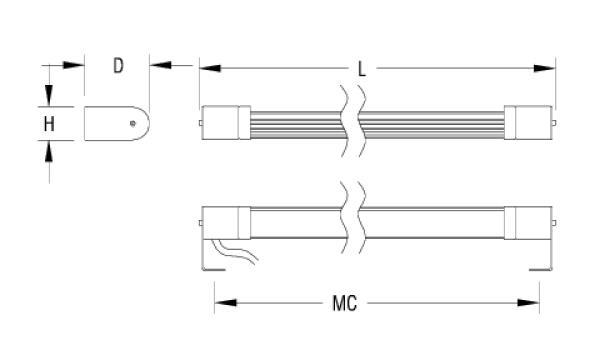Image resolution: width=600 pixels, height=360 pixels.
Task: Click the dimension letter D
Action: click(118, 67)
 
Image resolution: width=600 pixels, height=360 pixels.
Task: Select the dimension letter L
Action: click(362, 69)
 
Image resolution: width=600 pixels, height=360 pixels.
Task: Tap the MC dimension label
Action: click(345, 301)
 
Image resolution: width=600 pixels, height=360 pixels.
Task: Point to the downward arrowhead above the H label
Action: click(48, 99)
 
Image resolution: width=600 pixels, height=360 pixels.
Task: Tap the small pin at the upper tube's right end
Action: click(556, 123)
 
